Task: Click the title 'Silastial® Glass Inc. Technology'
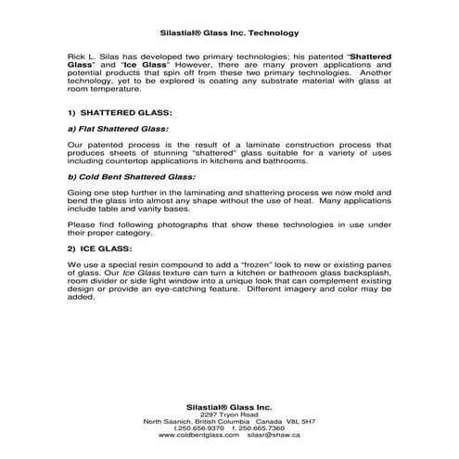tap(229, 30)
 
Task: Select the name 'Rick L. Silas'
tap(96, 56)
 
